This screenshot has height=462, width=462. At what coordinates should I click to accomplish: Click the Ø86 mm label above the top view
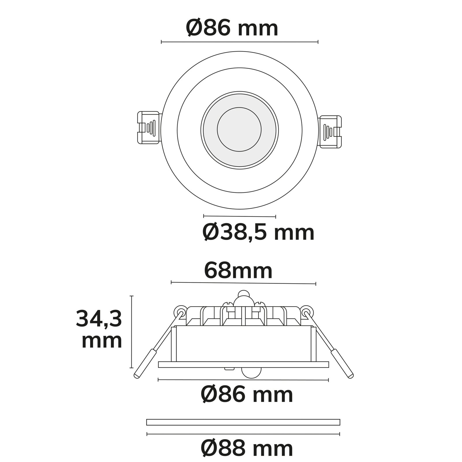(232, 28)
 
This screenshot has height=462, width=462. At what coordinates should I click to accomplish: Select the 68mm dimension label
(238, 271)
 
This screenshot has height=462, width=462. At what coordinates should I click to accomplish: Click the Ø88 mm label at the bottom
(247, 448)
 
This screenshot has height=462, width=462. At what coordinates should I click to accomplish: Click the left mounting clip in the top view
(148, 127)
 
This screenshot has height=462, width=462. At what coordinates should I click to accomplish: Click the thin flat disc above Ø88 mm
(243, 422)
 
